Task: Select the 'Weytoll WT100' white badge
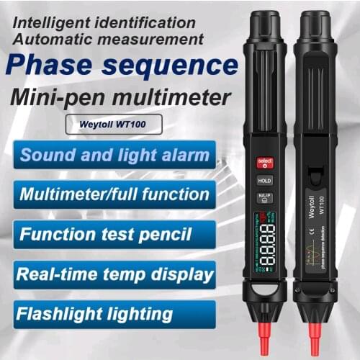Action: [113, 123]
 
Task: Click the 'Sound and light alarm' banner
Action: [115, 154]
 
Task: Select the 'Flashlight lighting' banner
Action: [96, 313]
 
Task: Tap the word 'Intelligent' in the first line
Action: [54, 22]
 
